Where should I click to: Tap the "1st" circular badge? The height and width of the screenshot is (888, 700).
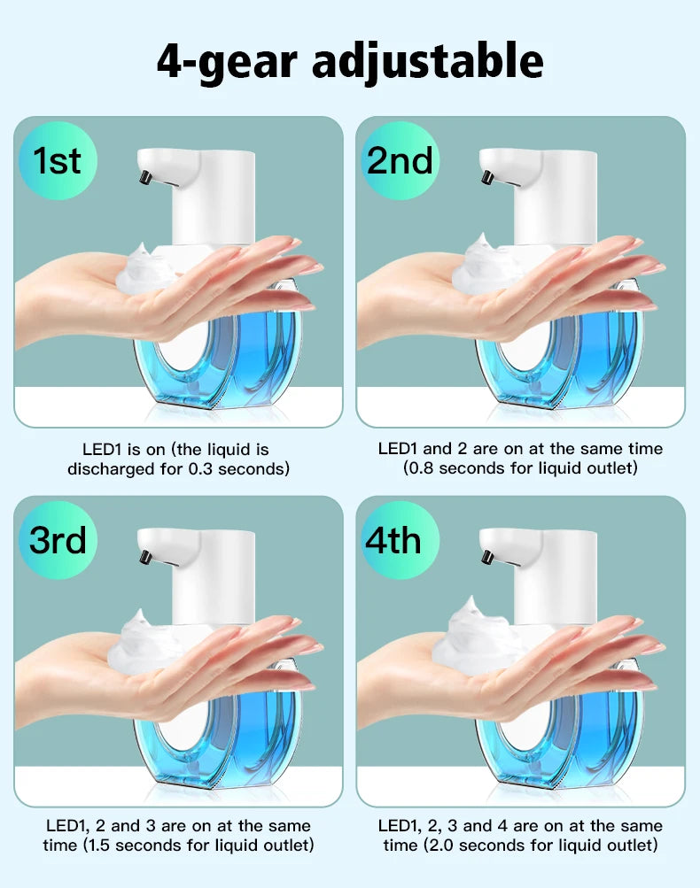57,161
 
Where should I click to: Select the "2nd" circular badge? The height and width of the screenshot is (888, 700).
400,161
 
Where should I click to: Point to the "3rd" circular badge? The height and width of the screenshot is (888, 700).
57,539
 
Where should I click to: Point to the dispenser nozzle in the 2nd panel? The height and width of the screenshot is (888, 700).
486,179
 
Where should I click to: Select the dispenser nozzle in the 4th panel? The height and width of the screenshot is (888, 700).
486,558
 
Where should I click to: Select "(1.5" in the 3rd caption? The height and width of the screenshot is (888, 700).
101,846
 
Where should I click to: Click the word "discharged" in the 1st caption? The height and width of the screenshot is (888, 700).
112,469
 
